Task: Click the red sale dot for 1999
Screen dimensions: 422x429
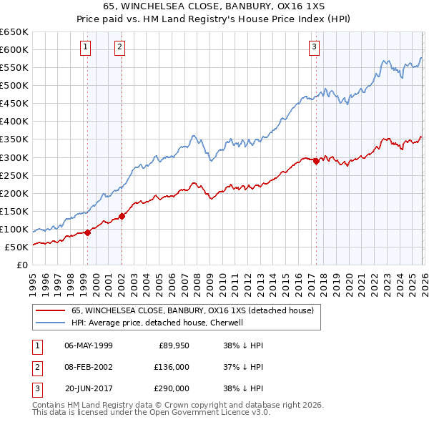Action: coord(88,232)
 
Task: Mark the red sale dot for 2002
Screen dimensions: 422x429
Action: coord(122,215)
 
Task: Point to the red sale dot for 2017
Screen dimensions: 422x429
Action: coord(316,161)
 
